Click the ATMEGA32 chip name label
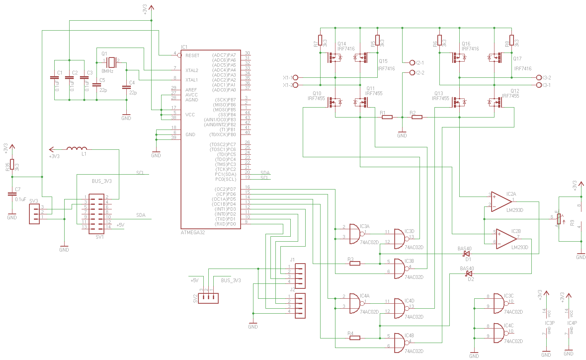(193, 233)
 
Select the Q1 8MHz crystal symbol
(111, 62)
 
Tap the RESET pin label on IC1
(192, 55)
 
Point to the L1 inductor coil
(77, 149)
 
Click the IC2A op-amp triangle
(502, 202)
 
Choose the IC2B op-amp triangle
(506, 240)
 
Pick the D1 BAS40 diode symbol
(467, 253)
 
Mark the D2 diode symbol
(469, 274)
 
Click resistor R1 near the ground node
(387, 117)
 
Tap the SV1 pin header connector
(96, 213)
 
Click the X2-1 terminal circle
(412, 62)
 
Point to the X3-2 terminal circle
(539, 77)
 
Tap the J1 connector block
(300, 276)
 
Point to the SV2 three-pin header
(208, 298)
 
